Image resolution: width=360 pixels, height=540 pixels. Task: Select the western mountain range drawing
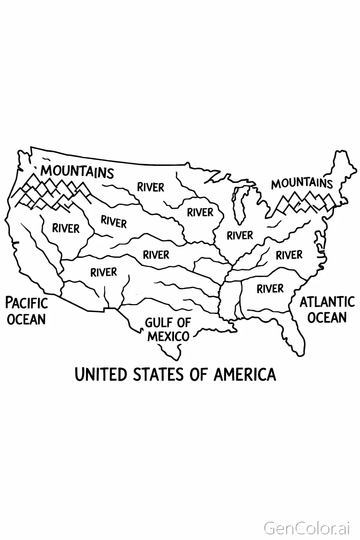click(x=53, y=193)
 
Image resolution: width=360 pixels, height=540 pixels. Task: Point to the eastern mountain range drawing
click(x=304, y=203)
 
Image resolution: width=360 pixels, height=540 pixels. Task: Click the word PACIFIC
click(x=27, y=303)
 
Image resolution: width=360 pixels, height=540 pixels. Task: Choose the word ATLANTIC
click(x=327, y=302)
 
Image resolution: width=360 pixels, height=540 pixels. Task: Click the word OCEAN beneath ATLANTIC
click(x=327, y=317)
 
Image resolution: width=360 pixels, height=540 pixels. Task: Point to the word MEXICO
click(x=168, y=336)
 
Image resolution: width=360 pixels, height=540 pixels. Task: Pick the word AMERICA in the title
click(x=245, y=374)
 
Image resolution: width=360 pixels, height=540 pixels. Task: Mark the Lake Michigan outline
click(x=241, y=204)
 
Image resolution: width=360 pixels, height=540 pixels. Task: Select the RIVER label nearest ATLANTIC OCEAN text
click(x=270, y=289)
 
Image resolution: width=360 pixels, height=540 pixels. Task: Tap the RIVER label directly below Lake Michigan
click(x=240, y=235)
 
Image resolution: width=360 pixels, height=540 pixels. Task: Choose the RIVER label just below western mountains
click(x=66, y=229)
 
